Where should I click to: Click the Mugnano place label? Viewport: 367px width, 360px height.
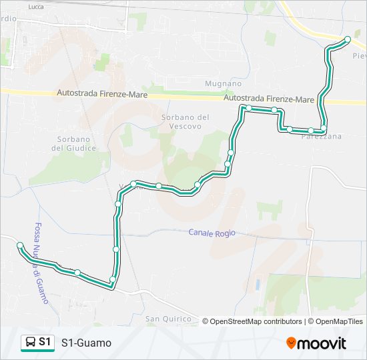[223, 84]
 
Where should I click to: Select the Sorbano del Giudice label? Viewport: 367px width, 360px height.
[73, 143]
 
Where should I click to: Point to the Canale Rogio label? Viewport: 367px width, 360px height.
[212, 233]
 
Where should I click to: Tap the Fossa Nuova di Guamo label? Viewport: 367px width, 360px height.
[41, 263]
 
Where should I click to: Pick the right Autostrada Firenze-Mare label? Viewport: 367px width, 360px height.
[269, 99]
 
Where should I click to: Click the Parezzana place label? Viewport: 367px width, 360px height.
[322, 136]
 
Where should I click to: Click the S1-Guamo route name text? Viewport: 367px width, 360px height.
[86, 343]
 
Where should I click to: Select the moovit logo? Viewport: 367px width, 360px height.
[316, 343]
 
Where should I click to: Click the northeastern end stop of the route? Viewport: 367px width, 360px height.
[348, 39]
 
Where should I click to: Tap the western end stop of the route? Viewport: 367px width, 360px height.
[20, 245]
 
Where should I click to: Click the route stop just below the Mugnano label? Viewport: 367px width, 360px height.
[248, 108]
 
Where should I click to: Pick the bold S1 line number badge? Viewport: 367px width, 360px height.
[45, 342]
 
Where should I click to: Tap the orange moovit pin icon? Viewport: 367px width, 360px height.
[292, 343]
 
